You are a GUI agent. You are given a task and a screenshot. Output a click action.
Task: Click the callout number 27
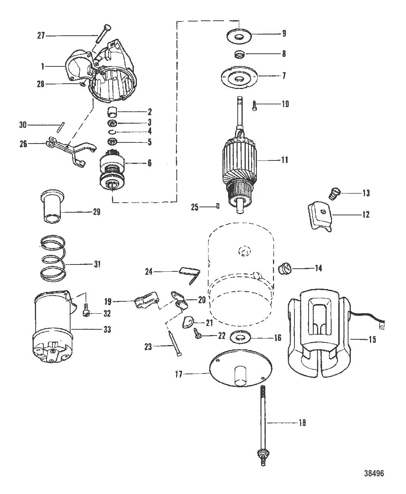(41, 36)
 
